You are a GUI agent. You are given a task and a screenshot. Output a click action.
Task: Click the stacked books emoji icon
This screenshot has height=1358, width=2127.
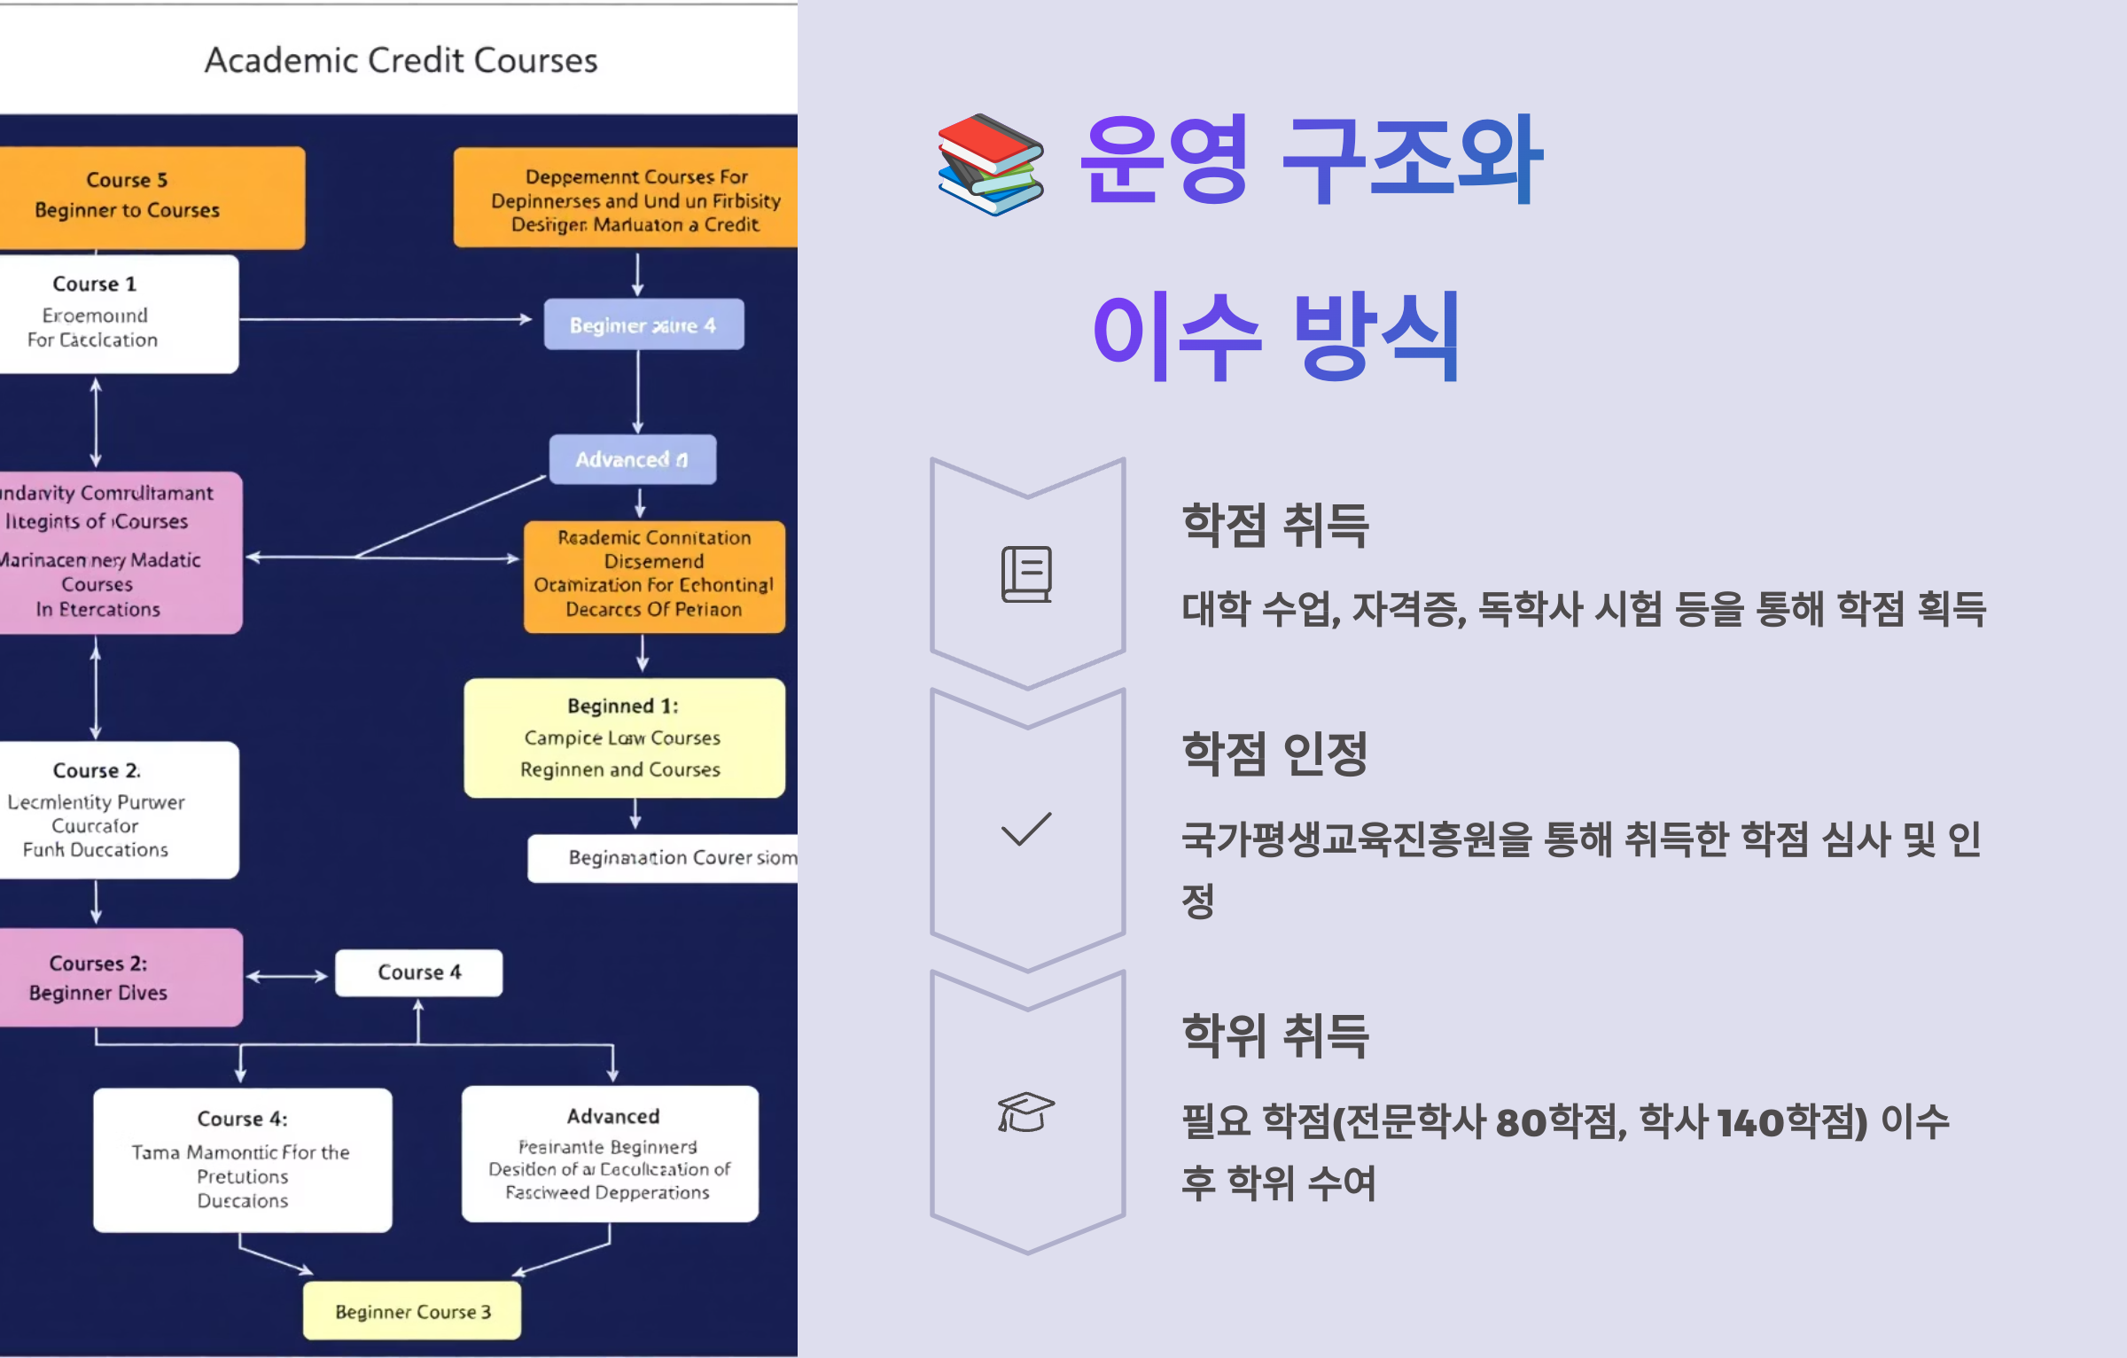991,164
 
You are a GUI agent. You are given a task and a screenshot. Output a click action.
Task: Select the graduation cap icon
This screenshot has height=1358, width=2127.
1025,1112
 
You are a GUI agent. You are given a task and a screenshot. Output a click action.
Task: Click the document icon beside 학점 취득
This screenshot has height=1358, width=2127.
1026,574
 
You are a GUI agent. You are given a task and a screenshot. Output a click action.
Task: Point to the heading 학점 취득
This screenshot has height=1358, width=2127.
1275,525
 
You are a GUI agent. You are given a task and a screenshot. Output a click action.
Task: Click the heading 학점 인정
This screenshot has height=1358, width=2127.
1275,753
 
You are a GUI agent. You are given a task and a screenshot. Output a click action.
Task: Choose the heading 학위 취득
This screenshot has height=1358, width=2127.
1275,1035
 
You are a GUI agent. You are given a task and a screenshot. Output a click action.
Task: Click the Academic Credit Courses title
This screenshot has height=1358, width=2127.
401,60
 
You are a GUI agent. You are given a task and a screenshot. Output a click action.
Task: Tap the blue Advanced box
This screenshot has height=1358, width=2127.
632,459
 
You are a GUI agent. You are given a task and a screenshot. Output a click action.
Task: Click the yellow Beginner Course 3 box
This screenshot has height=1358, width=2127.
412,1311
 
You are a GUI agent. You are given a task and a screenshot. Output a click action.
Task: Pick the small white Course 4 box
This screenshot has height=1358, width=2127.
418,972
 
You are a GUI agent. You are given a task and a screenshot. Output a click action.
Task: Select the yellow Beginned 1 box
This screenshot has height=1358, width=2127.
624,738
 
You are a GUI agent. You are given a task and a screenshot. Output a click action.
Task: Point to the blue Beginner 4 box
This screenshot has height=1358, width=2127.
643,324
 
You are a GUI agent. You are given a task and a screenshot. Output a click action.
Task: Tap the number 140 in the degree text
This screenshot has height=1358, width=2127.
1750,1123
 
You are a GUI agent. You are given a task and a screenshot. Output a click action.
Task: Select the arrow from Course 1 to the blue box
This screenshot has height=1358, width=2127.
386,319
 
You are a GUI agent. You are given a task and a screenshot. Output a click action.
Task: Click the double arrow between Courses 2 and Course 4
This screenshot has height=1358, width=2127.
287,977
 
